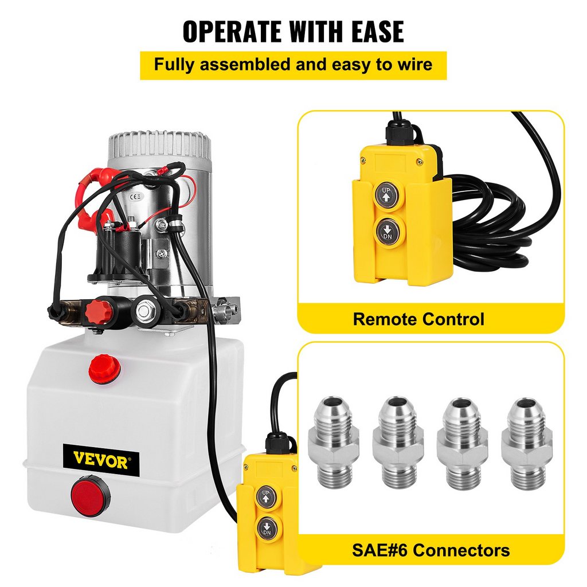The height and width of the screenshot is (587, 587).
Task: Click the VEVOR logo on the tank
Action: (101, 460)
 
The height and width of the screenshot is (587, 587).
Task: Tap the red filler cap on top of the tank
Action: (105, 369)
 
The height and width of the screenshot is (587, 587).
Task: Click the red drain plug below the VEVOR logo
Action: (91, 496)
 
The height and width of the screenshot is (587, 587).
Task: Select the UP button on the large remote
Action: (386, 195)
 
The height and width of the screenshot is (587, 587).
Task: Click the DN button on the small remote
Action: (267, 528)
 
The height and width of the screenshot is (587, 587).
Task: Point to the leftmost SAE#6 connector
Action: (334, 443)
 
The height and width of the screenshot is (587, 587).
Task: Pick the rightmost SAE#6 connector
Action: (527, 444)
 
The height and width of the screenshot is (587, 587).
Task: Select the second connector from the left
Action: (398, 443)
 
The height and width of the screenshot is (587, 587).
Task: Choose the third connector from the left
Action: (463, 444)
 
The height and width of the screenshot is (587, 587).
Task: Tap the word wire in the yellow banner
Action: (415, 65)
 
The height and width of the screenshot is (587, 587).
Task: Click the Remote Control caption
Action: (418, 319)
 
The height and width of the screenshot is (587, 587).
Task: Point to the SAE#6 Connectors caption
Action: (431, 550)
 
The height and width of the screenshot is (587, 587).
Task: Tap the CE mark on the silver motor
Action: (135, 196)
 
